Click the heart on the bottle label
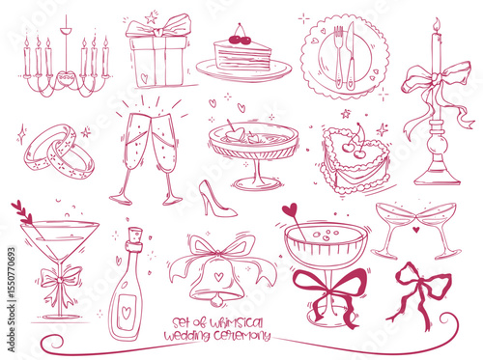pyautogui.click(x=127, y=313)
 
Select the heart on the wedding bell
pyautogui.click(x=219, y=276)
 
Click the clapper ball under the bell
pyautogui.click(x=215, y=301)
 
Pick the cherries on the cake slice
pyautogui.click(x=240, y=39)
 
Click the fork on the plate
pyautogui.click(x=339, y=57)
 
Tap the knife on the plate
pyautogui.click(x=351, y=56)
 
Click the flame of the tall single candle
pyautogui.click(x=437, y=24)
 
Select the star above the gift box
pyautogui.click(x=151, y=18)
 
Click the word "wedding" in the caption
pyautogui.click(x=186, y=336)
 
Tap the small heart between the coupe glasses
pyautogui.click(x=416, y=230)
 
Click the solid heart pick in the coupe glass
pyautogui.click(x=290, y=209)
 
